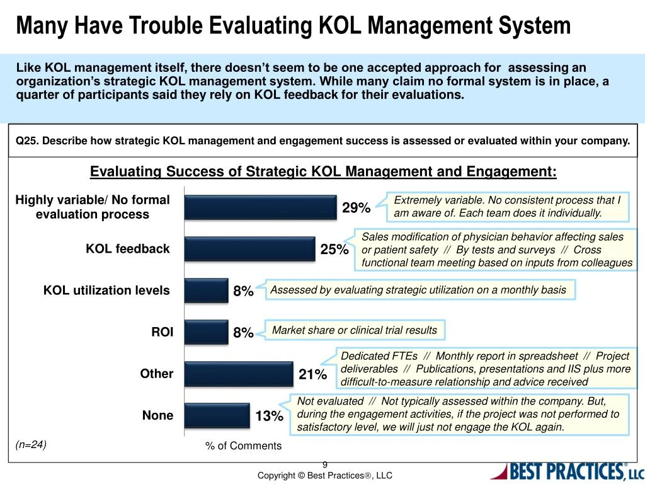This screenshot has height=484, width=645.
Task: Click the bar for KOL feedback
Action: pyautogui.click(x=249, y=249)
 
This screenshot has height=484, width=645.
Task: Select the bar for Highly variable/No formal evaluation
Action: pyautogui.click(x=261, y=207)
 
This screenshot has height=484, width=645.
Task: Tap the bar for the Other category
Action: pyautogui.click(x=239, y=374)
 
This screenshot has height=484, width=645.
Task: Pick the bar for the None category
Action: pyautogui.click(x=217, y=415)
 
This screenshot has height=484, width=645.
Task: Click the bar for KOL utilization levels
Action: pyautogui.click(x=206, y=291)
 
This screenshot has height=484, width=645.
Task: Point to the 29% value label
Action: pyautogui.click(x=356, y=208)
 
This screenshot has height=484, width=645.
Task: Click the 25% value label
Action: pyautogui.click(x=334, y=250)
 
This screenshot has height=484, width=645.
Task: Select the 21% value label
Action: pyautogui.click(x=312, y=375)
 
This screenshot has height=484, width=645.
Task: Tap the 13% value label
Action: pyautogui.click(x=269, y=417)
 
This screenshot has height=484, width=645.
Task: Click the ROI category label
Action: pyautogui.click(x=162, y=332)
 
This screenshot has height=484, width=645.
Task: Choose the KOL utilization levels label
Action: pyautogui.click(x=106, y=291)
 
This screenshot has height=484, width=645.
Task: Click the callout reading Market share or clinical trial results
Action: pyautogui.click(x=355, y=330)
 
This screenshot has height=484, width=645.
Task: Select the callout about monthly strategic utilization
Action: pyautogui.click(x=418, y=290)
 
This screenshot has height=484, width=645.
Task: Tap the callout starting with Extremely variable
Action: pyautogui.click(x=508, y=207)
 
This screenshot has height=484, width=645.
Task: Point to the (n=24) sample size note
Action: pyautogui.click(x=31, y=444)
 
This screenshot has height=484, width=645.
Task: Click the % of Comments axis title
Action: pyautogui.click(x=243, y=446)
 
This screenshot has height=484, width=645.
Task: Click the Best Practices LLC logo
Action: pyautogui.click(x=566, y=471)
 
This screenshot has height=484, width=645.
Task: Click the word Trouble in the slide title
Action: pyautogui.click(x=163, y=26)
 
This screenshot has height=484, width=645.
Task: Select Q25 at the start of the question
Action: pyautogui.click(x=27, y=141)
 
